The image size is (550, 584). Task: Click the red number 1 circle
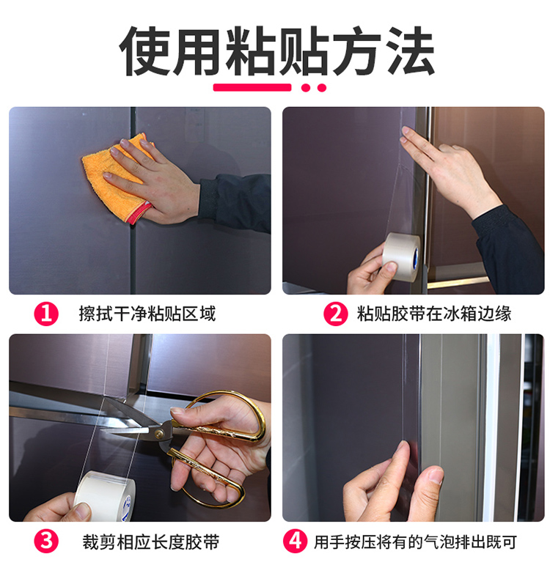pyautogui.click(x=46, y=314)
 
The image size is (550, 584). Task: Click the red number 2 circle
pyautogui.click(x=335, y=314)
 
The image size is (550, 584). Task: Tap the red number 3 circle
pyautogui.click(x=46, y=541)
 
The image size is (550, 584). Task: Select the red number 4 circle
pyautogui.click(x=295, y=541)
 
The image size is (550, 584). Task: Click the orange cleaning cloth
pyautogui.click(x=111, y=175)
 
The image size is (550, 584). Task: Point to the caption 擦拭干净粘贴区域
pyautogui.click(x=147, y=314)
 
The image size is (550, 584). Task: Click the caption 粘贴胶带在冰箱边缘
pyautogui.click(x=434, y=314)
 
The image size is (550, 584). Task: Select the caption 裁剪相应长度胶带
pyautogui.click(x=151, y=542)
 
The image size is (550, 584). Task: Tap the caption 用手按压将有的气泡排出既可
pyautogui.click(x=415, y=542)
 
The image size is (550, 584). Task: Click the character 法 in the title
pyautogui.click(x=409, y=51)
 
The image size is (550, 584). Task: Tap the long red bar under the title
pyautogui.click(x=252, y=87)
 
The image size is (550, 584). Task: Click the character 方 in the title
pyautogui.click(x=356, y=51)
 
